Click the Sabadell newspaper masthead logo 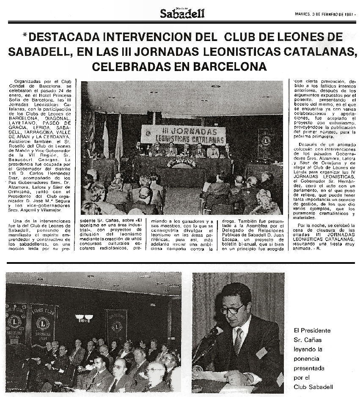coord(182,14)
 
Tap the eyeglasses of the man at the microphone coord(232,309)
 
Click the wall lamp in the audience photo coord(83,318)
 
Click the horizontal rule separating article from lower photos coord(180,263)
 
